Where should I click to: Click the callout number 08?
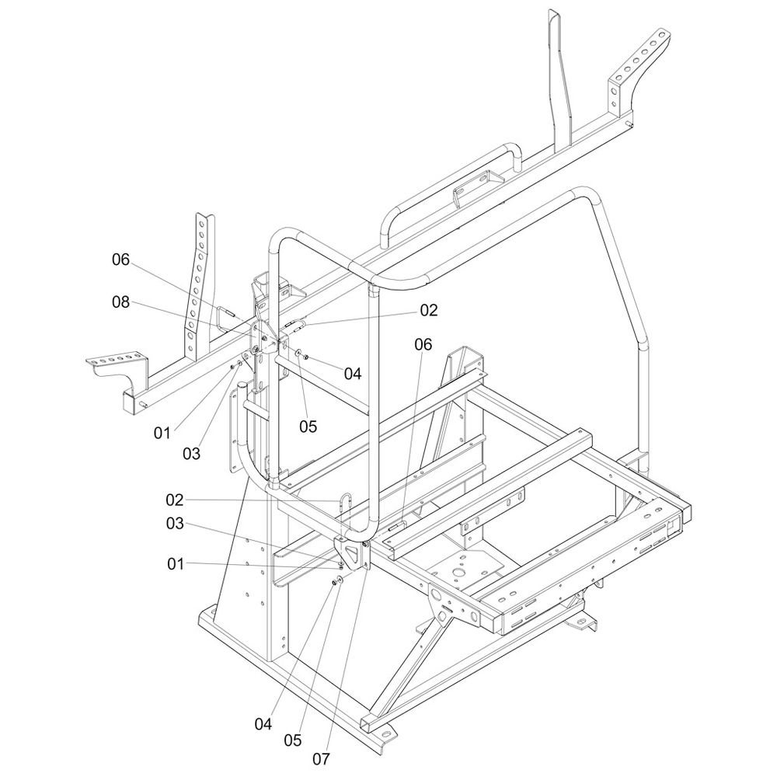point(120,302)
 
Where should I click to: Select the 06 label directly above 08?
point(120,260)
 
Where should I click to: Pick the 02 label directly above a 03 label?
point(174,499)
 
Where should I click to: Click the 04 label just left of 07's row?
point(263,723)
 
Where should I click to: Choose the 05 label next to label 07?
point(292,740)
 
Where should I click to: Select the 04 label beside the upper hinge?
point(353,374)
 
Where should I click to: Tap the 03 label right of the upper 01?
point(190,452)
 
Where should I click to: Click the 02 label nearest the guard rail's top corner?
point(429,311)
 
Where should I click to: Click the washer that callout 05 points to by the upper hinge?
point(298,354)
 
